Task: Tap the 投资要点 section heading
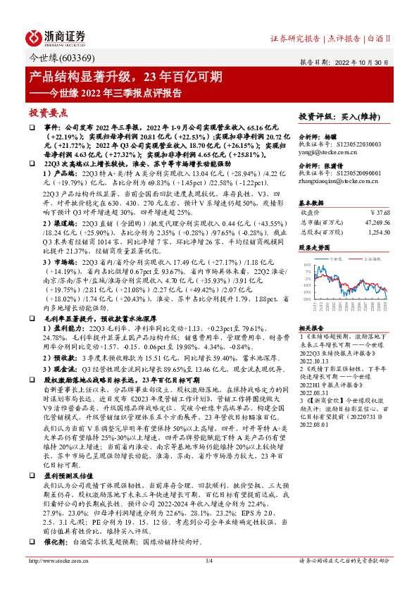pyautogui.click(x=48, y=112)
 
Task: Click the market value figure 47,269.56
pyautogui.click(x=376, y=221)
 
